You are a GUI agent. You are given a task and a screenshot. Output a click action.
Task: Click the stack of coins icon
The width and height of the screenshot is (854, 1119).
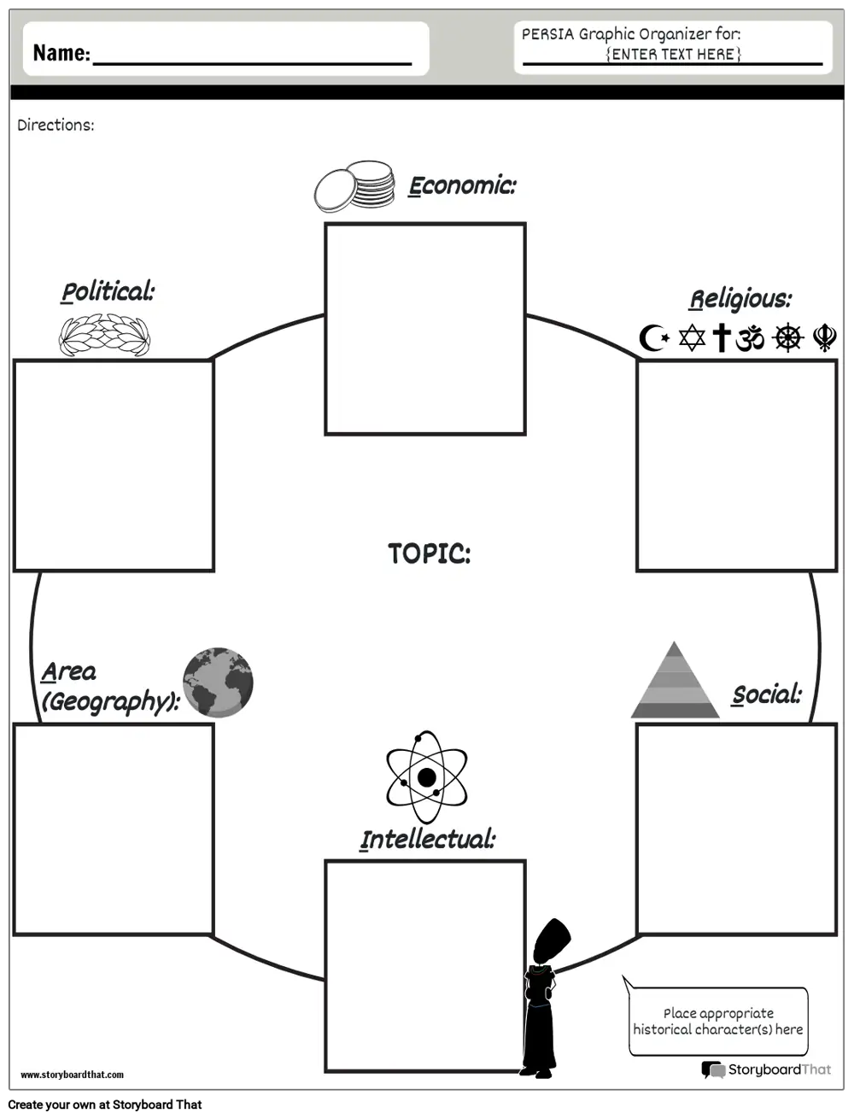(x=354, y=187)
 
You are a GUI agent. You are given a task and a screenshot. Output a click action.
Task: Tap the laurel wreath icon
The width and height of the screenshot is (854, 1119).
(x=104, y=335)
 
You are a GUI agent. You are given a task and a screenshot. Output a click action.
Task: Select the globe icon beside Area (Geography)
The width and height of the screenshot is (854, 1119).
(x=218, y=682)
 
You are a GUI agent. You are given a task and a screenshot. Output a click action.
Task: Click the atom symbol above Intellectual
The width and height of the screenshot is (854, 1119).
(x=426, y=777)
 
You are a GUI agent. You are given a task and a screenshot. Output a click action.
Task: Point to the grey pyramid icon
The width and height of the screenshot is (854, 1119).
(x=675, y=682)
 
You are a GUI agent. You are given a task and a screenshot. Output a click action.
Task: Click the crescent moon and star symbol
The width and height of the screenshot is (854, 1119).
(x=653, y=338)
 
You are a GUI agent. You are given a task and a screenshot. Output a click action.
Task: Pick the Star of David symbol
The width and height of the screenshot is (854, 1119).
(x=692, y=337)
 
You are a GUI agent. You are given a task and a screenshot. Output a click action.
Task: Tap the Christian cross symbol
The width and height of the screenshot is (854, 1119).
(x=722, y=337)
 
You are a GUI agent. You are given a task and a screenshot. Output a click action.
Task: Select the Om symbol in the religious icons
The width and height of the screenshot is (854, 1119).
(x=750, y=338)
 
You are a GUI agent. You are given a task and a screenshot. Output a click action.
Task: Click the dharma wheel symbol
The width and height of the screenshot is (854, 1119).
(x=787, y=338)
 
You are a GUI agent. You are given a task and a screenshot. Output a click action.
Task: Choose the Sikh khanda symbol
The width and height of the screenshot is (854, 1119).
(x=824, y=338)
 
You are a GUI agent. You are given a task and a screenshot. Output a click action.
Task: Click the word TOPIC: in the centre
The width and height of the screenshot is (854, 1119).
(x=429, y=554)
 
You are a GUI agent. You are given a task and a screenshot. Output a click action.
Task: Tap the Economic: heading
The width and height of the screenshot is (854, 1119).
(x=462, y=185)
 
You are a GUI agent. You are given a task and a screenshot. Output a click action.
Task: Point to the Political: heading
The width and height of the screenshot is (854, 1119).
(x=108, y=292)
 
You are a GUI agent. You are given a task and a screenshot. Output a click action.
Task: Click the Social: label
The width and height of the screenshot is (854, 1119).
(x=767, y=694)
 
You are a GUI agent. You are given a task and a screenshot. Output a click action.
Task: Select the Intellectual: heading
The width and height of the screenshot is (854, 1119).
(x=427, y=840)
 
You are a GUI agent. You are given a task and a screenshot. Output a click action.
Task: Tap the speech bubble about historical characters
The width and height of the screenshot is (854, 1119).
(x=717, y=1021)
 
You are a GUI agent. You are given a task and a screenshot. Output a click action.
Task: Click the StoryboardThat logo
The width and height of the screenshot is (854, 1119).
(x=766, y=1069)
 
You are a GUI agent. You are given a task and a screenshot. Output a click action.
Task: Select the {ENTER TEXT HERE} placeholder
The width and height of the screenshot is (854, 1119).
(x=673, y=54)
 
